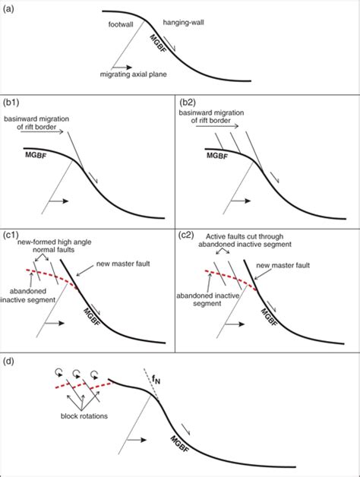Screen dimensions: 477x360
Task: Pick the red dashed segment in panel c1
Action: [51, 275]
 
